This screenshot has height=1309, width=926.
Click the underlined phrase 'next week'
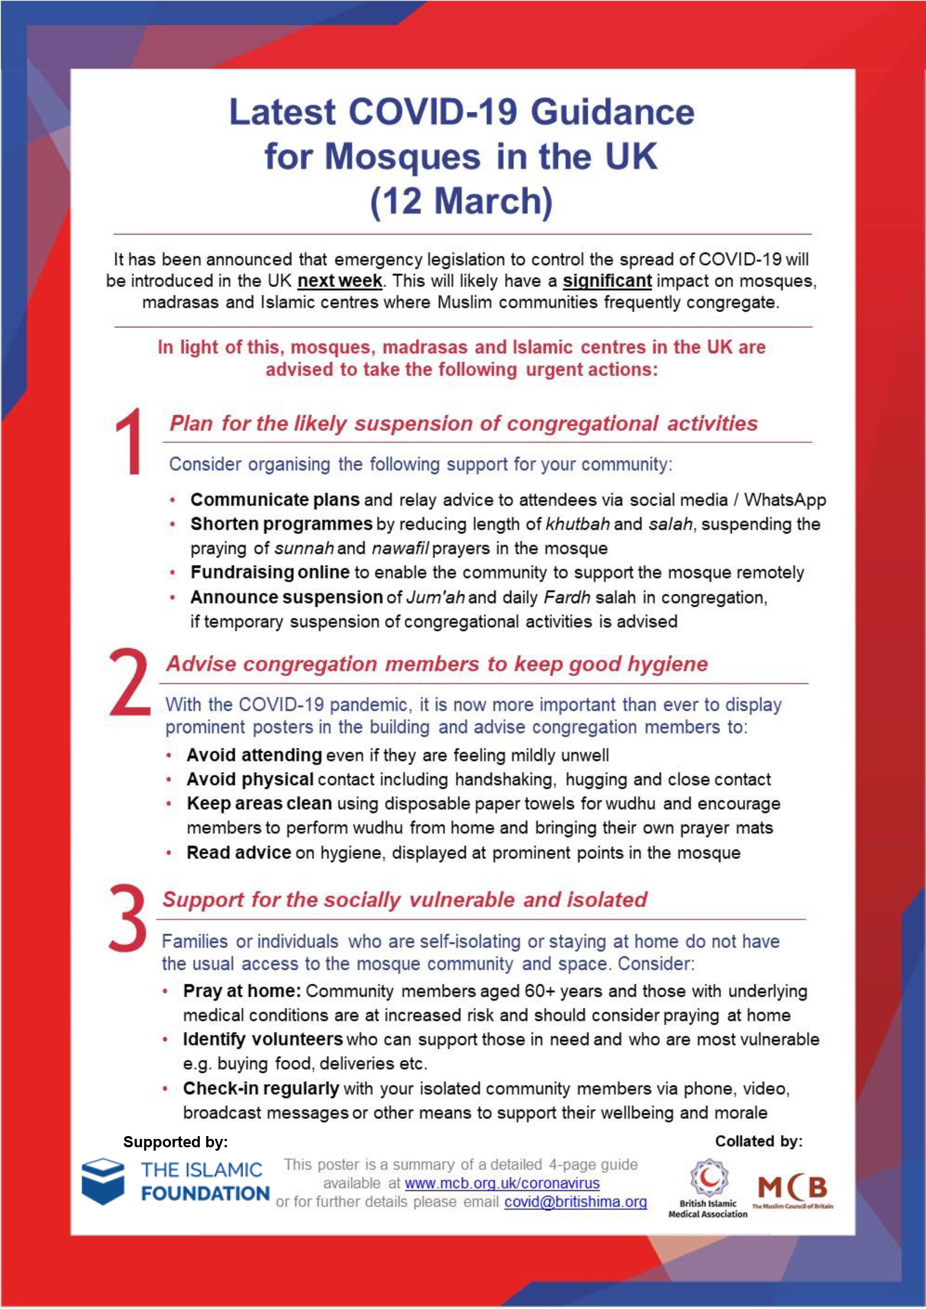pos(340,281)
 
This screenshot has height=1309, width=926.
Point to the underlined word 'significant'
pos(607,281)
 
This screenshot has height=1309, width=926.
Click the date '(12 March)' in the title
pos(461,201)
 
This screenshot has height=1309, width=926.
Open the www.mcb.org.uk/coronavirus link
pos(502,1183)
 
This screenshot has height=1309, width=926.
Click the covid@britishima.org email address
pos(576,1202)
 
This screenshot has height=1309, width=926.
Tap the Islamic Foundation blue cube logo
pos(102,1182)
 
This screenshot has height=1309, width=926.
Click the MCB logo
pos(792,1189)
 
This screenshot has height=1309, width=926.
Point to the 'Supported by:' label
pos(176,1142)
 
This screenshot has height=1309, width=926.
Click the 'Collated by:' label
pos(759,1141)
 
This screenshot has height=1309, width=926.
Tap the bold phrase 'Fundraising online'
pos(270,572)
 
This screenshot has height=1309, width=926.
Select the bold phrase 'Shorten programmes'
pos(281,524)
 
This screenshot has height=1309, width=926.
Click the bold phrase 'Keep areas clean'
pos(259,803)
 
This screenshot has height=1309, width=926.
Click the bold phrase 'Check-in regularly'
pos(261,1089)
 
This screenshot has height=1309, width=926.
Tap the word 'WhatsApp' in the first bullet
pos(784,500)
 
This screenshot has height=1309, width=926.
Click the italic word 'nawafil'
pos(400,548)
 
